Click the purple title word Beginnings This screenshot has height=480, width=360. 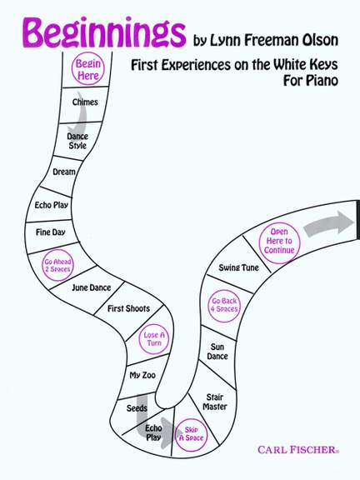[x=104, y=32]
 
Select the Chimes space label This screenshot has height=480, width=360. [x=85, y=102]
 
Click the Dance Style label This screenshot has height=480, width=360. [x=77, y=141]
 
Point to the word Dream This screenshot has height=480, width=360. [x=64, y=172]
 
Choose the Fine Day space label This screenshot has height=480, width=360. [x=51, y=232]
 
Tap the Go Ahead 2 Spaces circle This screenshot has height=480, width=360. [x=57, y=265]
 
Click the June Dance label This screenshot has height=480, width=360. [x=91, y=287]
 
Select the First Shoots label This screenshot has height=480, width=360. [x=128, y=308]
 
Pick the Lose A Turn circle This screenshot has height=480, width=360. [x=154, y=339]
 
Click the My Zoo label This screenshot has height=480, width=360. [x=142, y=375]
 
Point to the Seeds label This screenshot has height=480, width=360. [x=137, y=408]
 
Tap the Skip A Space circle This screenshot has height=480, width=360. [x=192, y=435]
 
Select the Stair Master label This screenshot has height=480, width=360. [x=215, y=402]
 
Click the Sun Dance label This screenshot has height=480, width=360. [x=217, y=352]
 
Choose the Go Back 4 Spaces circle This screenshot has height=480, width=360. [x=224, y=306]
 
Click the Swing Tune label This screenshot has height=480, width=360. [x=239, y=267]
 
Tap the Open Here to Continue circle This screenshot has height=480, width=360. [x=279, y=242]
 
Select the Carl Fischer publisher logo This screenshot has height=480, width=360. [x=298, y=450]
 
